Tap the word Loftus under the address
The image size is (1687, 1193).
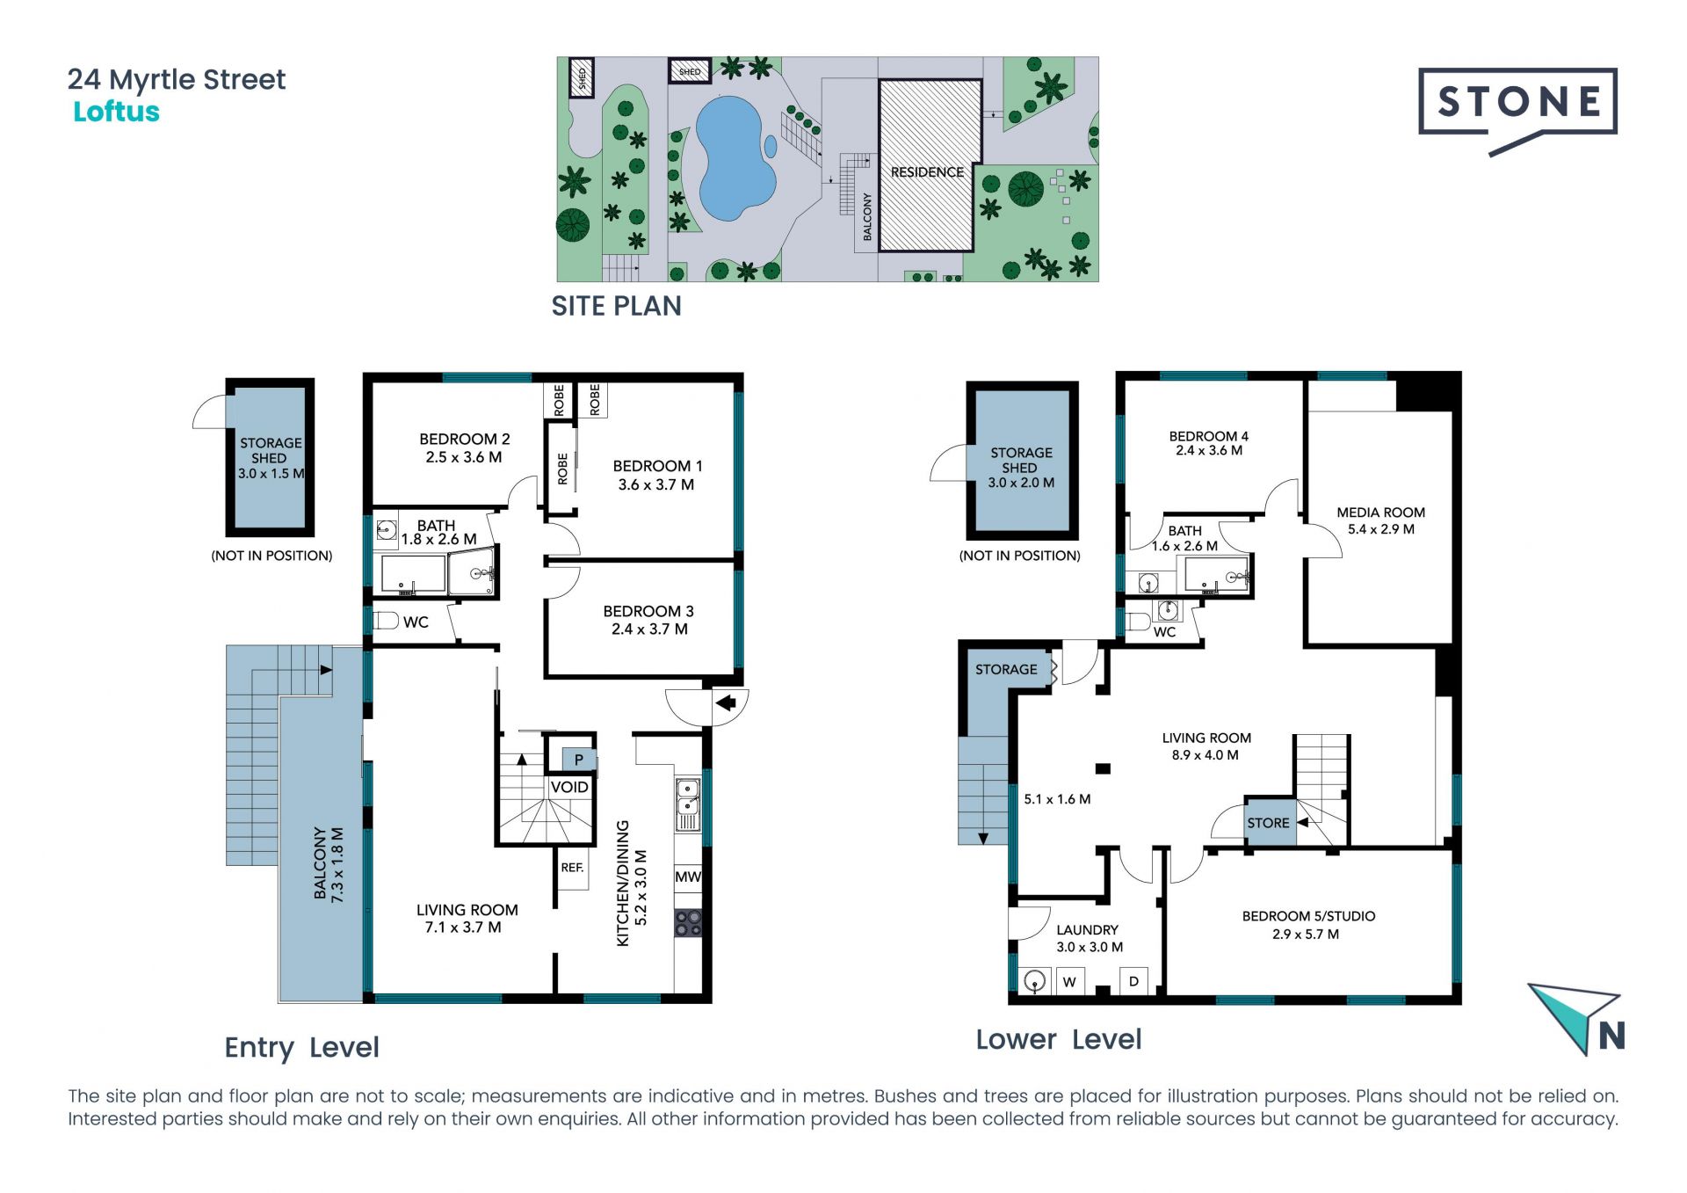(x=116, y=112)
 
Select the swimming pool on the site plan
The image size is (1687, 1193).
(x=735, y=158)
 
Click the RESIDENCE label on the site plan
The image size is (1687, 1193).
(x=927, y=172)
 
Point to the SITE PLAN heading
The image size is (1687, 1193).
(x=616, y=306)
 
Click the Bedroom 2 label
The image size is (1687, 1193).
(x=464, y=447)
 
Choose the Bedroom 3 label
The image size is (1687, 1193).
(x=648, y=620)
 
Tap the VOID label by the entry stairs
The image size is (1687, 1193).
(x=569, y=787)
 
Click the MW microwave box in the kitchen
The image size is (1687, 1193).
(x=688, y=877)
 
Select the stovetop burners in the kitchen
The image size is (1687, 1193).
(x=688, y=922)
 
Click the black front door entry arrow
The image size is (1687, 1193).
(x=726, y=702)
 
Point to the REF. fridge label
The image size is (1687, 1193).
(x=572, y=868)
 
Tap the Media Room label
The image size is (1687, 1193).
(x=1380, y=520)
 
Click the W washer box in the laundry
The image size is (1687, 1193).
(x=1069, y=982)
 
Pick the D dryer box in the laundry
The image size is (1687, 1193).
(x=1133, y=981)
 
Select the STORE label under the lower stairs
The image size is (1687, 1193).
(x=1268, y=823)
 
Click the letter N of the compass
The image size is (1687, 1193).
(x=1611, y=1036)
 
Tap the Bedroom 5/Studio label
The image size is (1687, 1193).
(x=1308, y=925)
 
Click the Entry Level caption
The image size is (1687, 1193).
(x=301, y=1047)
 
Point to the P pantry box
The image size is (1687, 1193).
(x=578, y=760)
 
